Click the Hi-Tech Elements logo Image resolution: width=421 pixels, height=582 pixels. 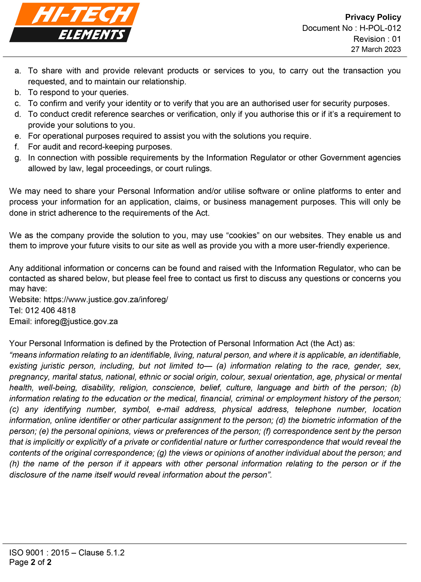74,23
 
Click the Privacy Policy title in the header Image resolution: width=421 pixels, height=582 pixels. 373,17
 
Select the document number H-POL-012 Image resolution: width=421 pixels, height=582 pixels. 380,28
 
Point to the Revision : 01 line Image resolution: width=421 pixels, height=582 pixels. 377,39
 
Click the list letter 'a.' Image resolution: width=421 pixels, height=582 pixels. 18,71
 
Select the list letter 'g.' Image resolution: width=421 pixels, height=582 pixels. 18,158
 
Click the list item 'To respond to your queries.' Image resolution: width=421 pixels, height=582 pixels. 78,93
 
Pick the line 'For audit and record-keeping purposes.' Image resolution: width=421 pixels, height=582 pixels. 100,147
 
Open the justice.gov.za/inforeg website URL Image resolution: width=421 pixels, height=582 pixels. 106,300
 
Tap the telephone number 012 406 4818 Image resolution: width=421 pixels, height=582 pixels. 51,310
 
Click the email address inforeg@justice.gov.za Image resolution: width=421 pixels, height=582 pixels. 76,321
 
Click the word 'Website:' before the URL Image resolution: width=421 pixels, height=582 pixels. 25,300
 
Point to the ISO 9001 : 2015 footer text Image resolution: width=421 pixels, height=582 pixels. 67,553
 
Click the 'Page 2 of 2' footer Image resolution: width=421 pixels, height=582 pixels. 30,562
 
